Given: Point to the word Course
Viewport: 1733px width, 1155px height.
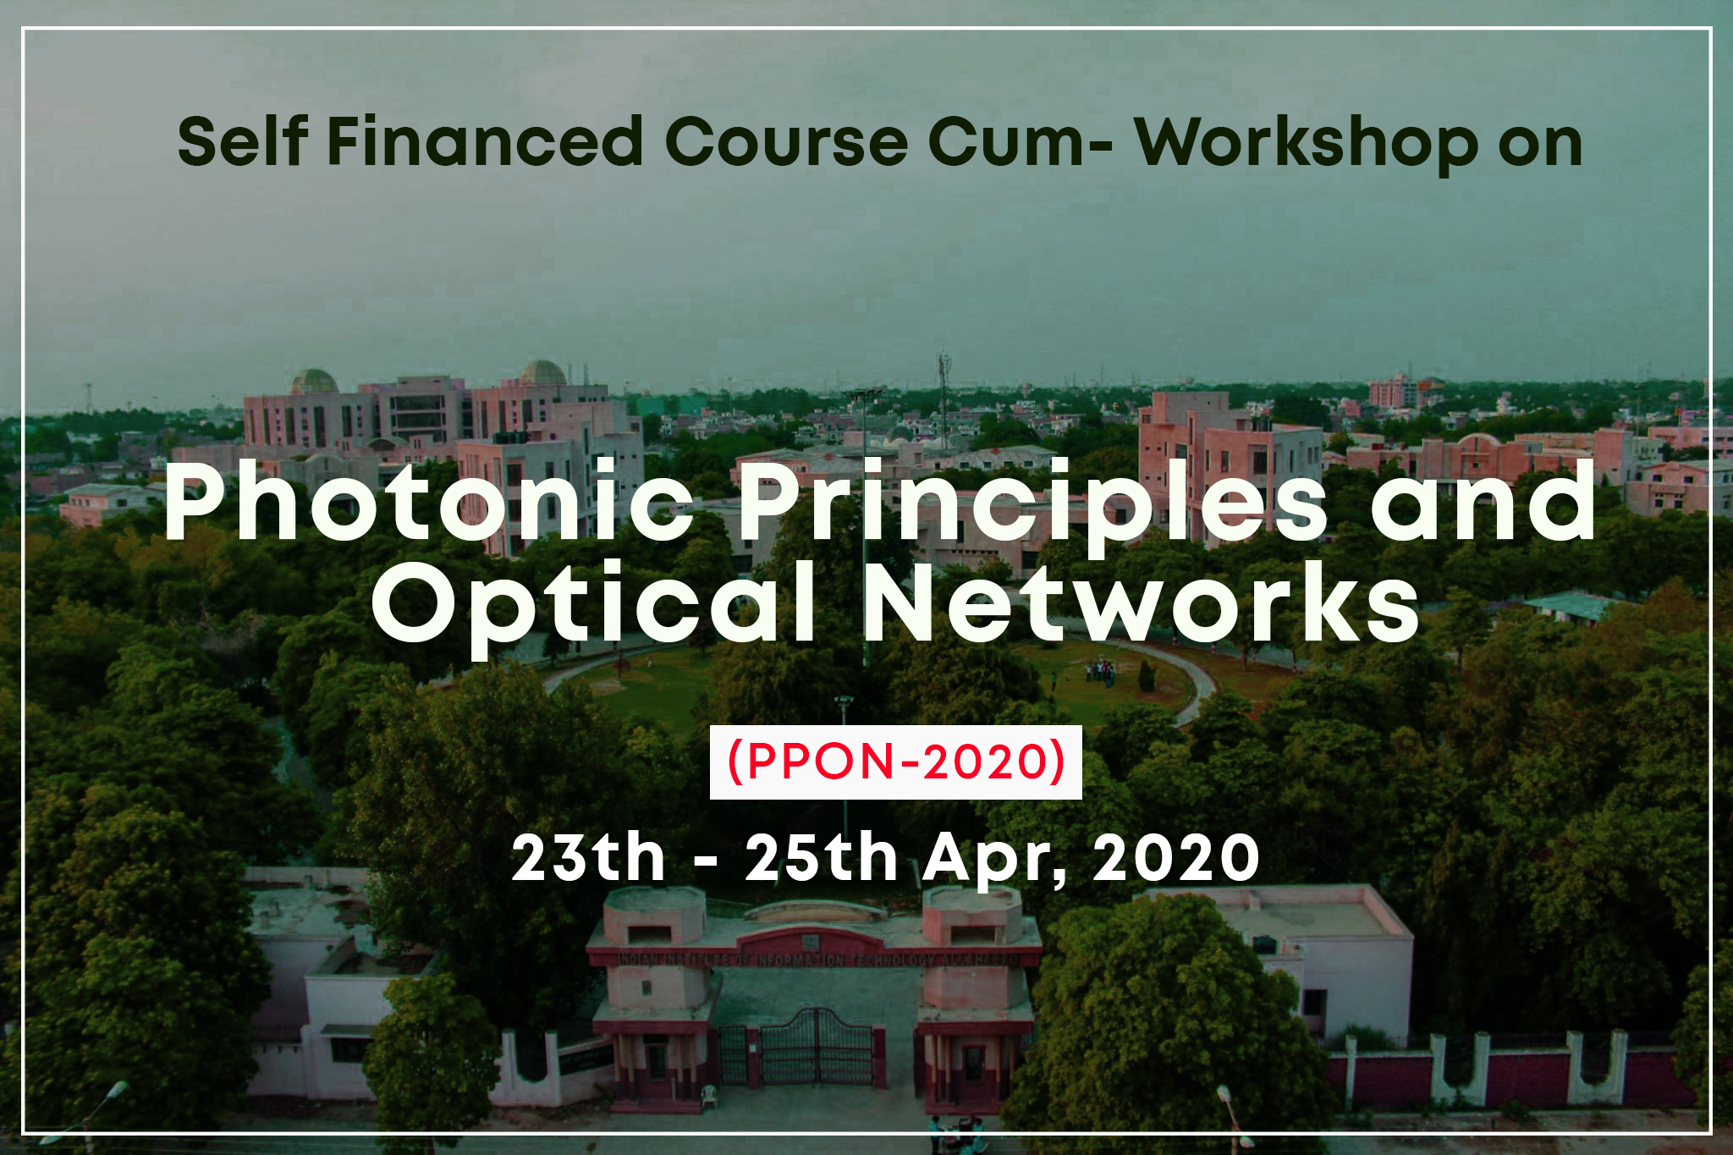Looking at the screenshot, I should click(786, 141).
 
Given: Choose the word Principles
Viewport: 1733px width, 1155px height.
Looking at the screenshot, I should click(1033, 506).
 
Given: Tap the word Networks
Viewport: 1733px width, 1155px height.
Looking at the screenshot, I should click(1142, 602).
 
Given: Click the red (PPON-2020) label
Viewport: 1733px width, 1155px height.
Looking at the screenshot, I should click(896, 762).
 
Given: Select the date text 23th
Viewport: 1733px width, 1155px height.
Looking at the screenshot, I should click(589, 858).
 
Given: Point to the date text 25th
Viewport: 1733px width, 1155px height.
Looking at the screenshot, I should click(821, 858).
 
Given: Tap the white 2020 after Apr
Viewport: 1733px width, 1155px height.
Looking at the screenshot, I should click(1176, 858).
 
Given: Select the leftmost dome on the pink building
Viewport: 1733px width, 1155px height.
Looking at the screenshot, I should click(314, 381).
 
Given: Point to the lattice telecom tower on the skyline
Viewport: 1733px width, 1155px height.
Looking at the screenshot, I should click(944, 398).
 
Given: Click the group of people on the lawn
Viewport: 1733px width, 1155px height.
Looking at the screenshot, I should click(1100, 672).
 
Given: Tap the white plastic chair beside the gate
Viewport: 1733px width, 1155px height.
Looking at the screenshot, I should click(709, 1096).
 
